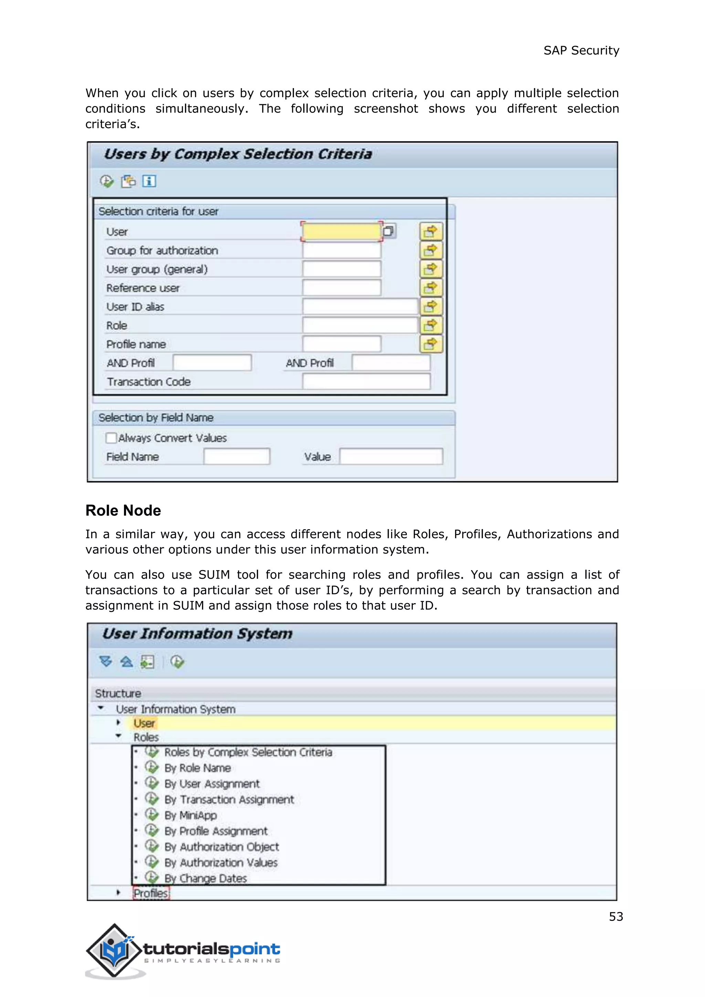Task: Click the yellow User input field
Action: coord(341,231)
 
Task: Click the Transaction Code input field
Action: coord(366,382)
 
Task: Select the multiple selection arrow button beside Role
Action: coord(431,325)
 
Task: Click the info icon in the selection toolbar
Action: coord(149,181)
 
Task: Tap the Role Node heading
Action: coord(123,510)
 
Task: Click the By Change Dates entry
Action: coord(205,879)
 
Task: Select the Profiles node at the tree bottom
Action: coord(151,893)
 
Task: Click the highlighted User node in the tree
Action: coord(144,723)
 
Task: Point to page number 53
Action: coord(615,917)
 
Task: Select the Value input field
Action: coord(391,457)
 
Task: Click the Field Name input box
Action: coord(236,457)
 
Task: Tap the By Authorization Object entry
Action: coord(221,847)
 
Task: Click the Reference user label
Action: coord(143,288)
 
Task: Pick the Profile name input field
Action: coord(341,344)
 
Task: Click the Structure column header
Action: coord(118,693)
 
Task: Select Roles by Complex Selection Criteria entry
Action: coord(248,753)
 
